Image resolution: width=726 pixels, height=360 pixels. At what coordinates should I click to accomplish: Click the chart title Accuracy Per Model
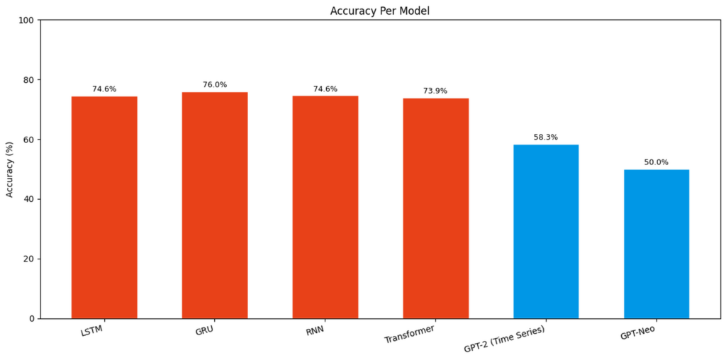coord(380,11)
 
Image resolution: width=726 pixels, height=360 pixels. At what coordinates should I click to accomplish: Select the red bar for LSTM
coord(104,208)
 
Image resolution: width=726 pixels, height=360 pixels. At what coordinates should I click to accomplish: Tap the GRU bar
coord(215,206)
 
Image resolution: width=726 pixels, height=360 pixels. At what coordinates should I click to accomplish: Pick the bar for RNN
coord(325,208)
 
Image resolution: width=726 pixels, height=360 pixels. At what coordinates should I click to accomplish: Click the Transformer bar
coord(436,208)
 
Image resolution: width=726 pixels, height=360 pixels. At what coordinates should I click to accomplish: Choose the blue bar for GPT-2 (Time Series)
coord(546,231)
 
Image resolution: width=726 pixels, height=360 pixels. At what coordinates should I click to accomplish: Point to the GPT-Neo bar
coord(657,244)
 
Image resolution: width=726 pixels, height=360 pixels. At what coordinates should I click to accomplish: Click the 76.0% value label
coord(215,84)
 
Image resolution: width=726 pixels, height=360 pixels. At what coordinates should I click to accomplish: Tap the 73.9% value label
coord(435,91)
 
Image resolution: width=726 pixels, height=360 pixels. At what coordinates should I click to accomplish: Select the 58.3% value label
coord(546,137)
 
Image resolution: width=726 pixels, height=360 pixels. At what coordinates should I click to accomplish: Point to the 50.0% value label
coord(657,162)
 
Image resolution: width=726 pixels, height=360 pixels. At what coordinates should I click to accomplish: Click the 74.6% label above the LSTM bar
coord(104,89)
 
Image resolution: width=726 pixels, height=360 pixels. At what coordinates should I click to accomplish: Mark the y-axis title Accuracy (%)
coord(10,169)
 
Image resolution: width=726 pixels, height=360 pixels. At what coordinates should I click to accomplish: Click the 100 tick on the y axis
coord(28,21)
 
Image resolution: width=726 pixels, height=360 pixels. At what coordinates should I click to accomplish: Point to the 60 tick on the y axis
coord(30,140)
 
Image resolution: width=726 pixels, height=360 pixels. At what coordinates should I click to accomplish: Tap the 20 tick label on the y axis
coord(30,259)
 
